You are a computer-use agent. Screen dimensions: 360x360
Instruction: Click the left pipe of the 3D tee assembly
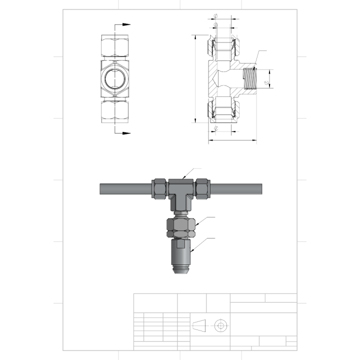[125, 189]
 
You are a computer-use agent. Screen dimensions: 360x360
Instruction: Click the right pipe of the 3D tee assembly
[237, 189]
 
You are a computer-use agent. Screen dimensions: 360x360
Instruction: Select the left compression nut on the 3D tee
[159, 188]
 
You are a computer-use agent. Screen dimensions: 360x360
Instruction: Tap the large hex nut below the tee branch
[180, 227]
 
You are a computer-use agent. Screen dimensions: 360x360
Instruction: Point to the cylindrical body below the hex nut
[180, 252]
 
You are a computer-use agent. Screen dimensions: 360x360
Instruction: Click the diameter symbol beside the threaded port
[267, 82]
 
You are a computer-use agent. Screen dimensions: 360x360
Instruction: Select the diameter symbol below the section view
[215, 128]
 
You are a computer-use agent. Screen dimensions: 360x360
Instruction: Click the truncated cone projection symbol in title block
[199, 325]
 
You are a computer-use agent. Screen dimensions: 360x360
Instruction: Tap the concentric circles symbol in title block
[219, 325]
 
